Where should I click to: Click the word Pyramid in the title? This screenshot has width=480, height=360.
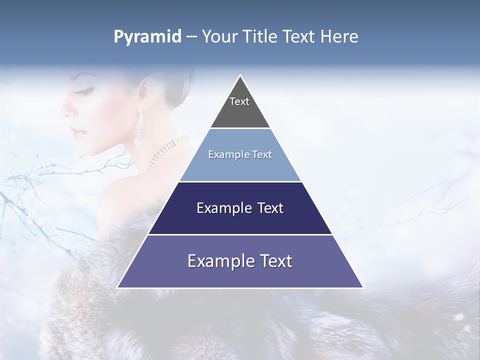click(147, 37)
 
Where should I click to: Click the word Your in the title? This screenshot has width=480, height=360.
click(220, 36)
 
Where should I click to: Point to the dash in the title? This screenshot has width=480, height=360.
click(191, 37)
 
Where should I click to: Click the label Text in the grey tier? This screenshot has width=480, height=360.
click(239, 101)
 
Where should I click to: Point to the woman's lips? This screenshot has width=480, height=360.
click(77, 131)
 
